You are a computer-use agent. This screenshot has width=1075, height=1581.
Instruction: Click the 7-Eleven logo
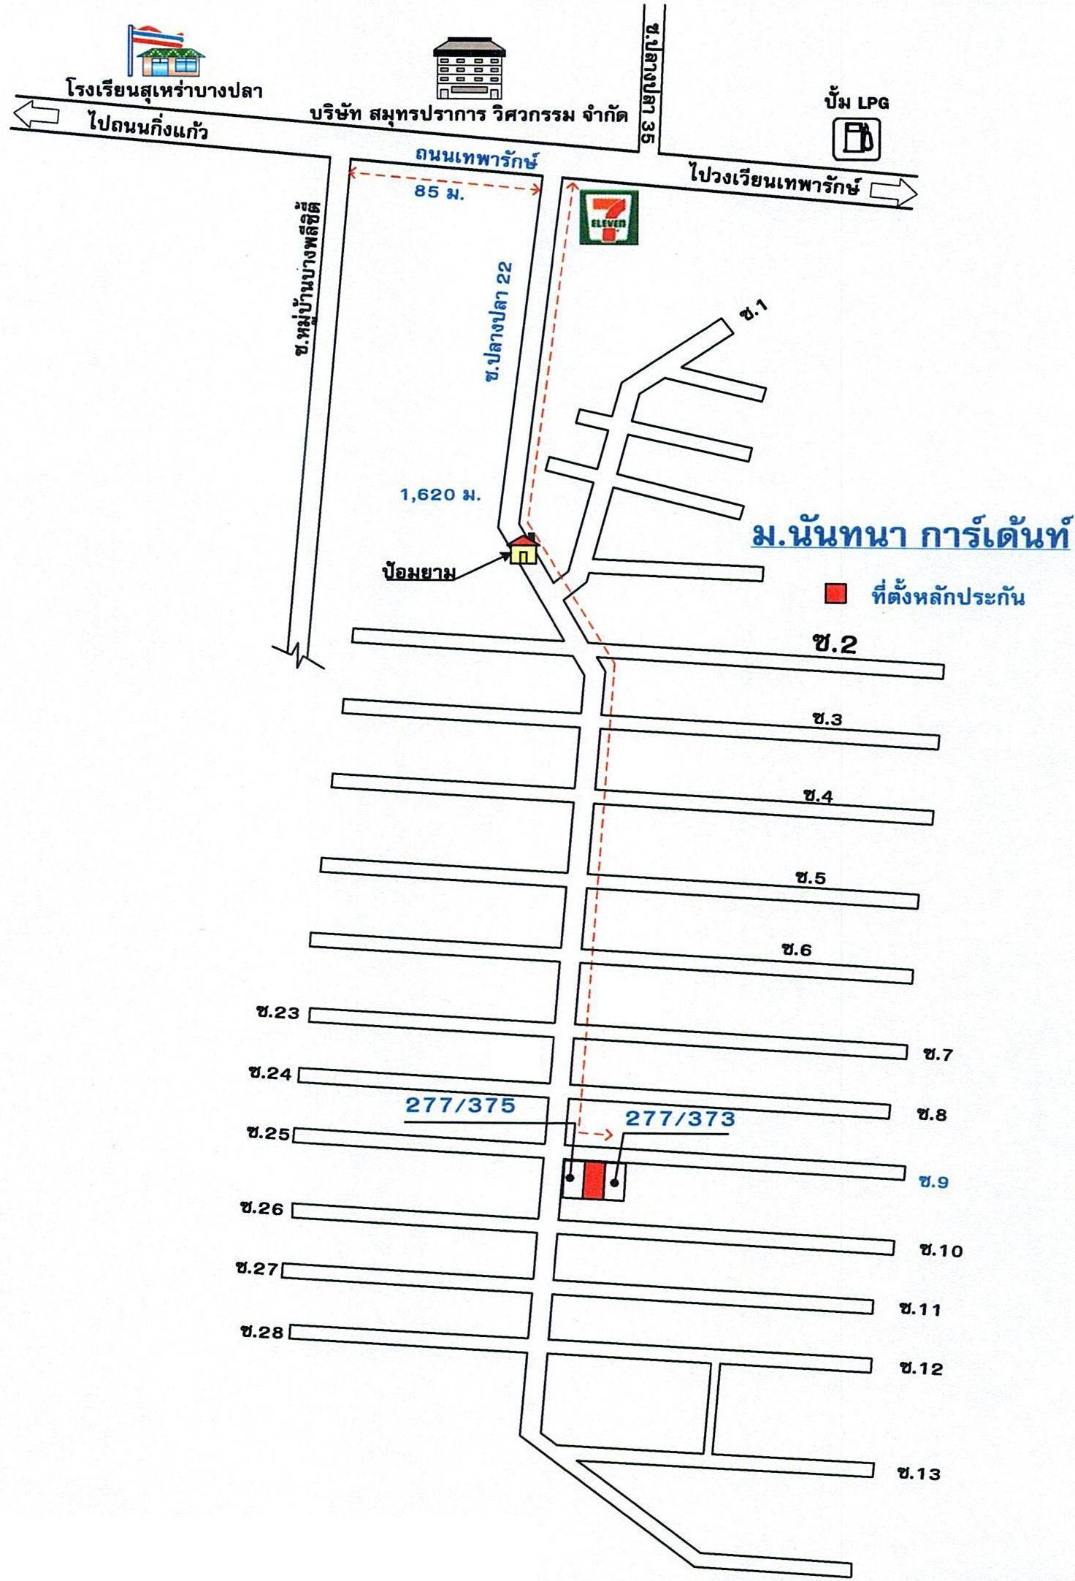pos(608,218)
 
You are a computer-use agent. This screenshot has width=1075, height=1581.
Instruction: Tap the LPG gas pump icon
pos(857,139)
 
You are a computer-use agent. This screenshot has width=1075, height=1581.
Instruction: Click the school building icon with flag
pos(167,52)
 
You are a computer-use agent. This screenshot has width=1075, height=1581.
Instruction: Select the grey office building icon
pos(470,69)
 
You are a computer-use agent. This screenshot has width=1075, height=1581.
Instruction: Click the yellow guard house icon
pos(524,549)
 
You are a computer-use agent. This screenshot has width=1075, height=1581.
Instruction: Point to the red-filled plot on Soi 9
pos(594,1181)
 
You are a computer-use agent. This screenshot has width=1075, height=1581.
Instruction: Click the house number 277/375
pos(460,1105)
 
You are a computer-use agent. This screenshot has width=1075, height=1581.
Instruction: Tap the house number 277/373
pos(680,1119)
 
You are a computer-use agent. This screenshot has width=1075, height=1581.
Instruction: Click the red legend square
pos(835,594)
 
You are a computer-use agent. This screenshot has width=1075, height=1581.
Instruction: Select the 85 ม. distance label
pos(439,192)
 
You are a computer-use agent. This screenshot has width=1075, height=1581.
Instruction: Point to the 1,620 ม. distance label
pos(440,495)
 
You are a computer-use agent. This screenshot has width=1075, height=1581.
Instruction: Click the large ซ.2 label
pos(834,644)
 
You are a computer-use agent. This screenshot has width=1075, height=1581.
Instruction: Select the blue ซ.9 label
pos(933,1181)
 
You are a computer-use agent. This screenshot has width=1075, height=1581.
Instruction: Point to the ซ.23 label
pos(278,1013)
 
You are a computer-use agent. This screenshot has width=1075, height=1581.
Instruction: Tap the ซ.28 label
pos(261,1332)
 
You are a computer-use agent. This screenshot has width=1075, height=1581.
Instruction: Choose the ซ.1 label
pos(754,311)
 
